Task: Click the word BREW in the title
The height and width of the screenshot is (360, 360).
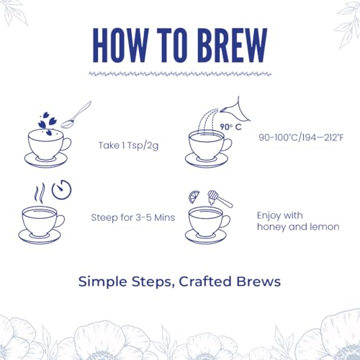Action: pyautogui.click(x=233, y=45)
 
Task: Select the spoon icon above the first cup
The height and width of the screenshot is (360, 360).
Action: pyautogui.click(x=76, y=114)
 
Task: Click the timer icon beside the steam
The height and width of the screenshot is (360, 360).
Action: pyautogui.click(x=62, y=189)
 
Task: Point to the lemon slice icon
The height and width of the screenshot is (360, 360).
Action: pyautogui.click(x=194, y=197)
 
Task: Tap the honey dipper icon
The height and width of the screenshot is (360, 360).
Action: pyautogui.click(x=220, y=199)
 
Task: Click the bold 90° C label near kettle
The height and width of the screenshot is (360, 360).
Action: pyautogui.click(x=230, y=127)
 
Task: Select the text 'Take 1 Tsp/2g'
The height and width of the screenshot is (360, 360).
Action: pyautogui.click(x=128, y=145)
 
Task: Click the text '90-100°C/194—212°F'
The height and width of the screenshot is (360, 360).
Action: pyautogui.click(x=301, y=138)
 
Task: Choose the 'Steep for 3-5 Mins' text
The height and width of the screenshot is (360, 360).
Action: pyautogui.click(x=133, y=217)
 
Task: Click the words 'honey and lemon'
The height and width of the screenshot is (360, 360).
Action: pyautogui.click(x=298, y=227)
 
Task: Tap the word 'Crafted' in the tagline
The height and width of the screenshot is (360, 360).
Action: pyautogui.click(x=205, y=282)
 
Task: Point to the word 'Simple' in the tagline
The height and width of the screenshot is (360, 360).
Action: pyautogui.click(x=103, y=282)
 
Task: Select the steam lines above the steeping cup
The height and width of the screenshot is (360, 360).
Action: pyautogui.click(x=40, y=193)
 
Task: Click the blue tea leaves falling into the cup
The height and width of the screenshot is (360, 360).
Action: pyautogui.click(x=48, y=122)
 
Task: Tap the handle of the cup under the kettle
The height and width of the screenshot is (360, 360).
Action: pyautogui.click(x=228, y=145)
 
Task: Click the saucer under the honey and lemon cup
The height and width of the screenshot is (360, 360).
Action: pyautogui.click(x=206, y=236)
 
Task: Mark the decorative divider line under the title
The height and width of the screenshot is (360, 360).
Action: pyautogui.click(x=180, y=74)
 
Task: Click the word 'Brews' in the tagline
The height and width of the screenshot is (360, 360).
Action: pyautogui.click(x=258, y=282)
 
